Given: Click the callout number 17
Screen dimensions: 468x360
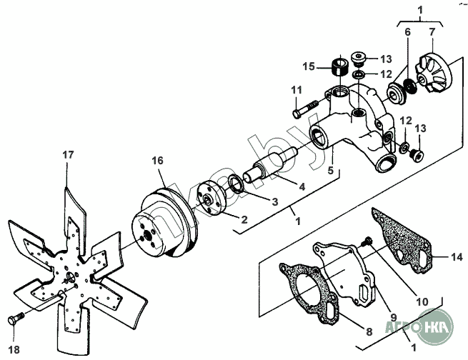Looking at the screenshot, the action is pyautogui.click(x=68, y=155).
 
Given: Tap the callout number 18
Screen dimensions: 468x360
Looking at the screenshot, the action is pyautogui.click(x=14, y=349).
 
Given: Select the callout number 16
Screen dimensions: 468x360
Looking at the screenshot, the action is pyautogui.click(x=158, y=161).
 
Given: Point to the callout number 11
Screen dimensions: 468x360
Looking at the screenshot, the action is pyautogui.click(x=297, y=90).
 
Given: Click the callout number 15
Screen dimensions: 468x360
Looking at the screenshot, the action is pyautogui.click(x=309, y=66).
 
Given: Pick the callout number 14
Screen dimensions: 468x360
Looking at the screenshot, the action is pyautogui.click(x=457, y=257).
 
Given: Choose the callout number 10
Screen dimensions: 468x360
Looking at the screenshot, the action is pyautogui.click(x=422, y=301).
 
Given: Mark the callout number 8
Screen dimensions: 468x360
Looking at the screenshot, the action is pyautogui.click(x=369, y=331).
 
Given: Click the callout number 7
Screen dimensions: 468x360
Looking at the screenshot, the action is pyautogui.click(x=432, y=32).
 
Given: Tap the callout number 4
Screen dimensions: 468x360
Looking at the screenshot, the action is pyautogui.click(x=302, y=186).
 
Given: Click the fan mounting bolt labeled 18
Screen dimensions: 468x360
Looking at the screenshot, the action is pyautogui.click(x=16, y=319).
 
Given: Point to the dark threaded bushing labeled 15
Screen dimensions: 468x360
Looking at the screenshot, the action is pyautogui.click(x=341, y=68).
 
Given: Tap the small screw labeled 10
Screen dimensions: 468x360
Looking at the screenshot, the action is pyautogui.click(x=366, y=240).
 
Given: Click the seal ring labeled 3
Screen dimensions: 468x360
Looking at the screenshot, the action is pyautogui.click(x=237, y=184).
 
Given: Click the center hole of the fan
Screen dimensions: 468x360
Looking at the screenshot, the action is pyautogui.click(x=71, y=276).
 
